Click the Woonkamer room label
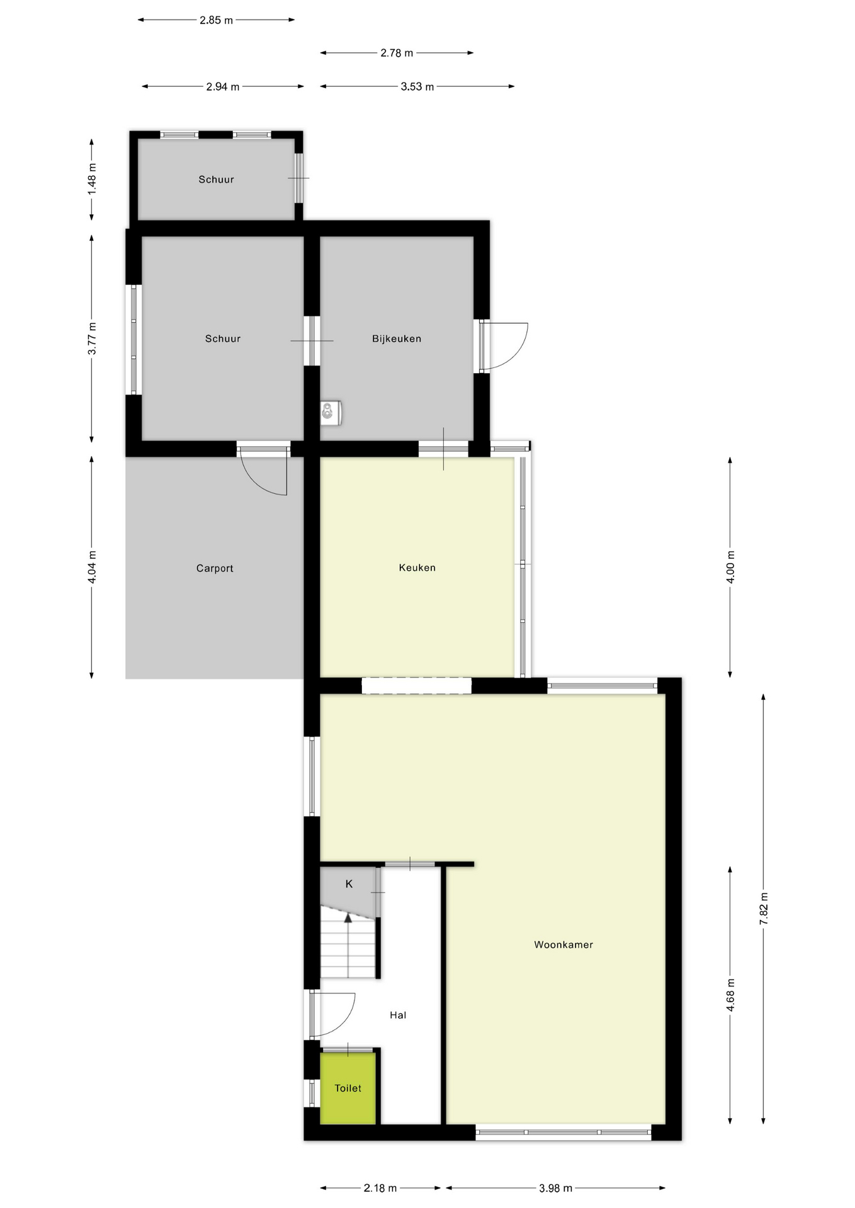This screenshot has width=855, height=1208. tap(563, 944)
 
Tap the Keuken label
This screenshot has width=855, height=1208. tap(417, 568)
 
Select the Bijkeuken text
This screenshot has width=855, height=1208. tap(396, 338)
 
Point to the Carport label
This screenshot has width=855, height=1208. tap(215, 568)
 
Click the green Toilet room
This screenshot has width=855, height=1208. tap(348, 1088)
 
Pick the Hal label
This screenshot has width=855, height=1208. tap(398, 1015)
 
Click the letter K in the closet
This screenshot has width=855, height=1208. tap(349, 884)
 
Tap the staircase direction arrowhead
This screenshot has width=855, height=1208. tap(348, 918)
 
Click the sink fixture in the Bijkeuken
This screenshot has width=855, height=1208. tap(329, 412)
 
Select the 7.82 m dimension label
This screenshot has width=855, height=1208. tap(764, 909)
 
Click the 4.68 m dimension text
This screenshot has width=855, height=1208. tap(730, 995)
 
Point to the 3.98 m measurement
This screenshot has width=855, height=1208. tap(555, 1188)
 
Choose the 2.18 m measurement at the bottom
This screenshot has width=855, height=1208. tap(380, 1188)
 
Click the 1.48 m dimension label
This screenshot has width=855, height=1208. tap(92, 179)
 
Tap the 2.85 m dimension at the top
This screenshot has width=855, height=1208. tap(216, 20)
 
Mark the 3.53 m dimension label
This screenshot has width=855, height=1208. tap(417, 86)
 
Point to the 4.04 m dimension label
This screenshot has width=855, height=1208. tap(92, 567)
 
